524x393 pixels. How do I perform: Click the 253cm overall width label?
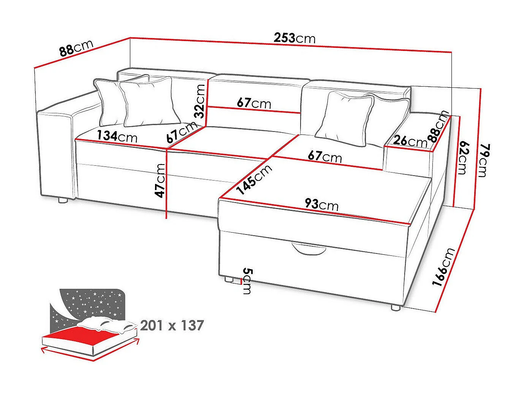(294, 38)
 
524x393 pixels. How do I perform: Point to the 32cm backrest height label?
(199, 101)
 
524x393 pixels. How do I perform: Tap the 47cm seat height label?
(161, 181)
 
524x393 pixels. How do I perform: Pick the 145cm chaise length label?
(254, 179)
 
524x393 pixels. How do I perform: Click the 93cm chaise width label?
(321, 204)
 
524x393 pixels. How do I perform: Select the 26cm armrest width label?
(410, 141)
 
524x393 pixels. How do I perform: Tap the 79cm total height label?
(482, 160)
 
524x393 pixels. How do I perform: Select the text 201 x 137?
(172, 326)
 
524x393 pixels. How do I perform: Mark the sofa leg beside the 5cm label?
(229, 279)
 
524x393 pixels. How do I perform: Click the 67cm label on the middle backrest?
(254, 103)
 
